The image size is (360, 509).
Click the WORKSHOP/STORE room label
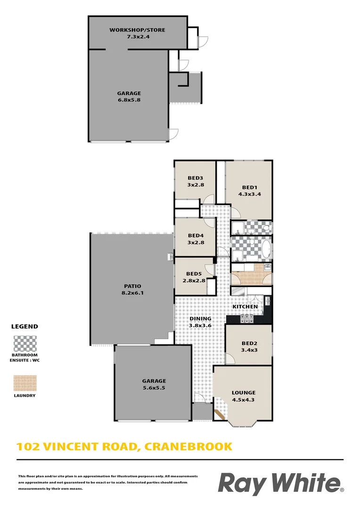137,30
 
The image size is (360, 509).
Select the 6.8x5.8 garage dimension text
129,100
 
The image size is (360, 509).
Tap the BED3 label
195,178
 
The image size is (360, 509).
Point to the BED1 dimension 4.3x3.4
248,193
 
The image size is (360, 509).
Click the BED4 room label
195,236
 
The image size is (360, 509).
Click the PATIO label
132,286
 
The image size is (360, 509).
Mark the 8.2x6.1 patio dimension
132,293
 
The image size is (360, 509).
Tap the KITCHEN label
245,307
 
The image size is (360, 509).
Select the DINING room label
200,319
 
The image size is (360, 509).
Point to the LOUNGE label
243,393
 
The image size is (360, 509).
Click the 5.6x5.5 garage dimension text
154,388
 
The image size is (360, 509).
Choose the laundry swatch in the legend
25,383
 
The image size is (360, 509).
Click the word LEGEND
25,326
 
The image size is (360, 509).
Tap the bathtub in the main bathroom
266,249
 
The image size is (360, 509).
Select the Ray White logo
280,484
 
